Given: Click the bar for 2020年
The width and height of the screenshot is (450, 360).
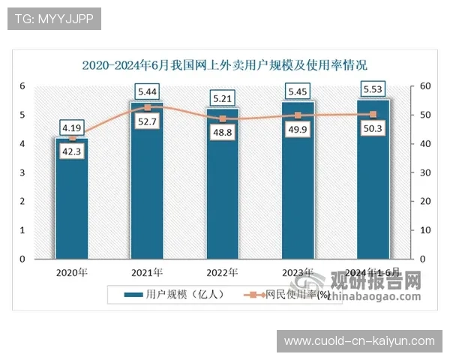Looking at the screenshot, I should pyautogui.click(x=71, y=202).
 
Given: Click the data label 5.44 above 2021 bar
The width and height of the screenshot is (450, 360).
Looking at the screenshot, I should pyautogui.click(x=147, y=92).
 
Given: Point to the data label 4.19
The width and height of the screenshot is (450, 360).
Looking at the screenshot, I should pyautogui.click(x=72, y=127).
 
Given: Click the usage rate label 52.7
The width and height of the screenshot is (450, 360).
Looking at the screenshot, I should pyautogui.click(x=147, y=121).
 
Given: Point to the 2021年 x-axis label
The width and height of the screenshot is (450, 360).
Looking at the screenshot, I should pyautogui.click(x=147, y=271).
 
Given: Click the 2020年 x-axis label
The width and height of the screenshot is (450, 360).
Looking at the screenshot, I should pyautogui.click(x=71, y=271).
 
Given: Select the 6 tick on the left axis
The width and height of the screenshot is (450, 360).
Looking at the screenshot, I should pyautogui.click(x=22, y=86).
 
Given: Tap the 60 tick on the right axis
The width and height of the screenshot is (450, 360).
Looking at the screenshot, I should pyautogui.click(x=424, y=86).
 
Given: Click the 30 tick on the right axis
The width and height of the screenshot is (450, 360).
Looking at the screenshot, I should pyautogui.click(x=424, y=172).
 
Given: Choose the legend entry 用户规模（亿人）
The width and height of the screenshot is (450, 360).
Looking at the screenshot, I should pyautogui.click(x=174, y=295).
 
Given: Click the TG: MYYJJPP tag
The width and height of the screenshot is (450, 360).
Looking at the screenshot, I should pyautogui.click(x=54, y=19).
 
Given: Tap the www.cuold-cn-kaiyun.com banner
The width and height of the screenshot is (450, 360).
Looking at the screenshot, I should pyautogui.click(x=359, y=341).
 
